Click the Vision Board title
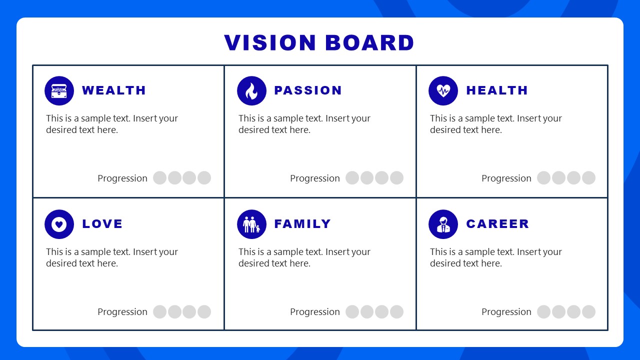(319, 43)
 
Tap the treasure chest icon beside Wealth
(59, 90)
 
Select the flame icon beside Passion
(251, 90)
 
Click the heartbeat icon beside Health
(443, 90)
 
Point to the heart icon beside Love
(59, 224)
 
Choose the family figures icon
(251, 224)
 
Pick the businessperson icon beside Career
(443, 224)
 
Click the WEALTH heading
(114, 90)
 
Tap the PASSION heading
(308, 90)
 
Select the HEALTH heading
(497, 90)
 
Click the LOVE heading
(102, 224)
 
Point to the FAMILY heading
(302, 224)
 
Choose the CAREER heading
(497, 224)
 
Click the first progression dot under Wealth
(159, 178)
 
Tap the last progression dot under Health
(588, 178)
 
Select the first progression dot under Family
(352, 311)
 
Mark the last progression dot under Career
(588, 311)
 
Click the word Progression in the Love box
(122, 311)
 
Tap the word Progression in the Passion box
(315, 178)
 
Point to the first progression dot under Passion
(352, 178)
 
